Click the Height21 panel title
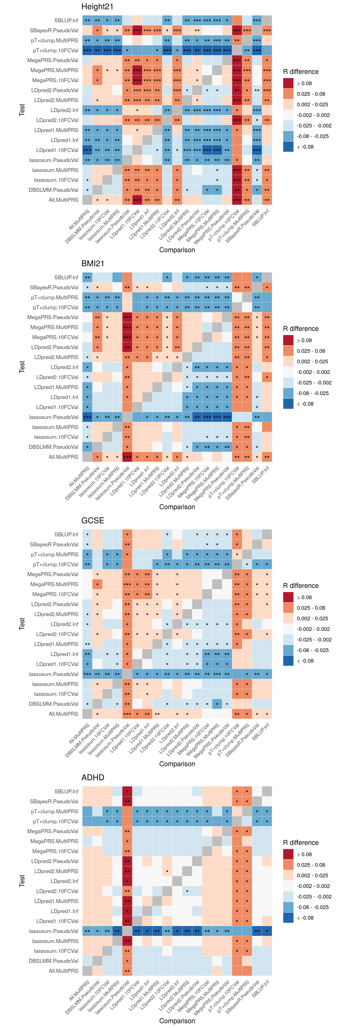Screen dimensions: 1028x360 coord(97,7)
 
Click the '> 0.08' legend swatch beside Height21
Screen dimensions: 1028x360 coord(288,83)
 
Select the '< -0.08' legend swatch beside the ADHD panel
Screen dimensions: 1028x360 coord(288,918)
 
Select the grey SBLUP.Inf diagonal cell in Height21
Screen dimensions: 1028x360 coord(267,20)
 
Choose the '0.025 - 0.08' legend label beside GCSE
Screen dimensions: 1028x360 coord(311,608)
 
